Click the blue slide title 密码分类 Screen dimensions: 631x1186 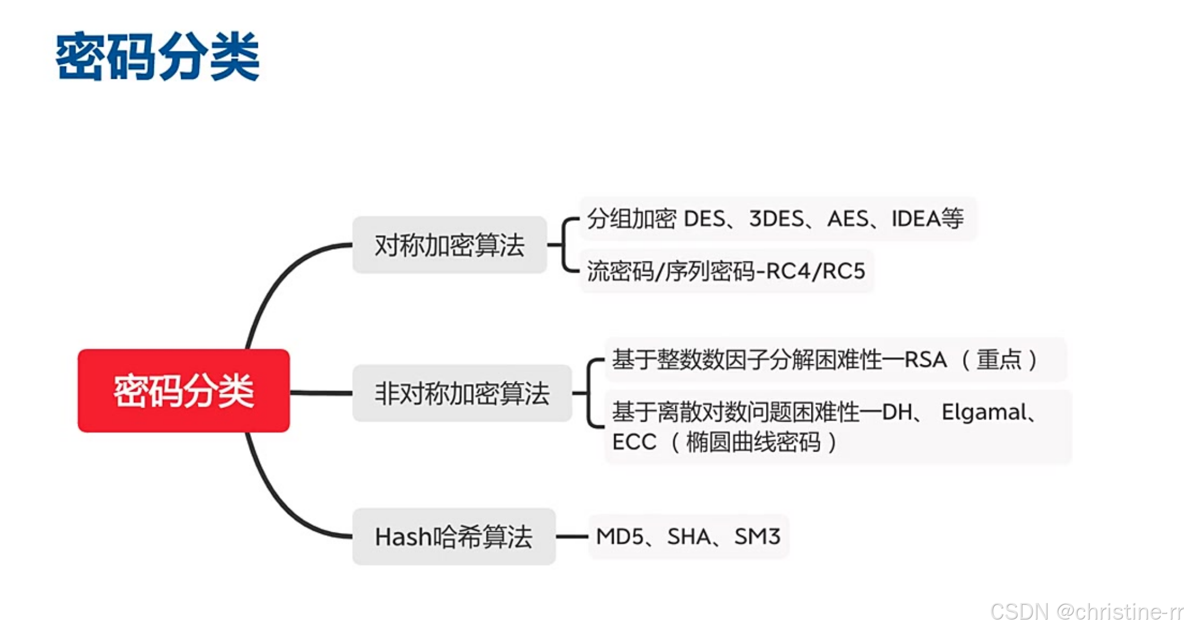pyautogui.click(x=157, y=56)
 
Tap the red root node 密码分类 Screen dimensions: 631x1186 pyautogui.click(x=184, y=391)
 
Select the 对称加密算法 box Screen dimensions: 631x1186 pyautogui.click(x=449, y=245)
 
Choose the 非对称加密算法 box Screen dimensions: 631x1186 pyautogui.click(x=462, y=393)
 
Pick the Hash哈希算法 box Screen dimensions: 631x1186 pyautogui.click(x=454, y=537)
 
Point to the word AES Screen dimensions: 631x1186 pyautogui.click(x=847, y=219)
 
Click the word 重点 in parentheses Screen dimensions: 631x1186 pyautogui.click(x=999, y=360)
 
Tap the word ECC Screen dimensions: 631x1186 pyautogui.click(x=634, y=442)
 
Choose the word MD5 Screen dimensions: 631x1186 pyautogui.click(x=620, y=536)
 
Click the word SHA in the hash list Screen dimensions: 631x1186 pyautogui.click(x=689, y=536)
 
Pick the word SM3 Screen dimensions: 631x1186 pyautogui.click(x=757, y=536)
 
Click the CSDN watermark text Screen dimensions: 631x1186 pyautogui.click(x=1086, y=612)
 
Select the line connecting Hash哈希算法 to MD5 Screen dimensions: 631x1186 pyautogui.click(x=572, y=536)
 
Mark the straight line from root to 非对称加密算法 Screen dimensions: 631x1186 pyautogui.click(x=321, y=393)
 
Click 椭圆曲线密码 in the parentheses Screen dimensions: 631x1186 pyautogui.click(x=753, y=442)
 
